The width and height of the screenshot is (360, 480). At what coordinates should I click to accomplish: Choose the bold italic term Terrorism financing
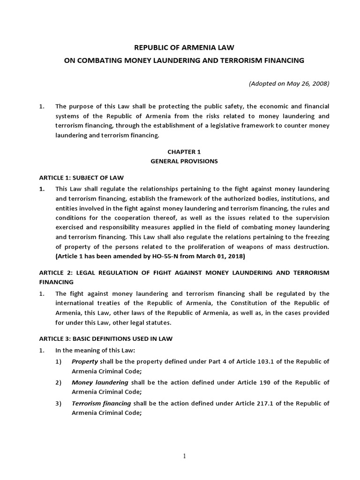(101, 403)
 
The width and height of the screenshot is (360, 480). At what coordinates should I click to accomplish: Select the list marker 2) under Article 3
(59, 382)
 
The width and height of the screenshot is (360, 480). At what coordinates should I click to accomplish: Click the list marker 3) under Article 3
(59, 403)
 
